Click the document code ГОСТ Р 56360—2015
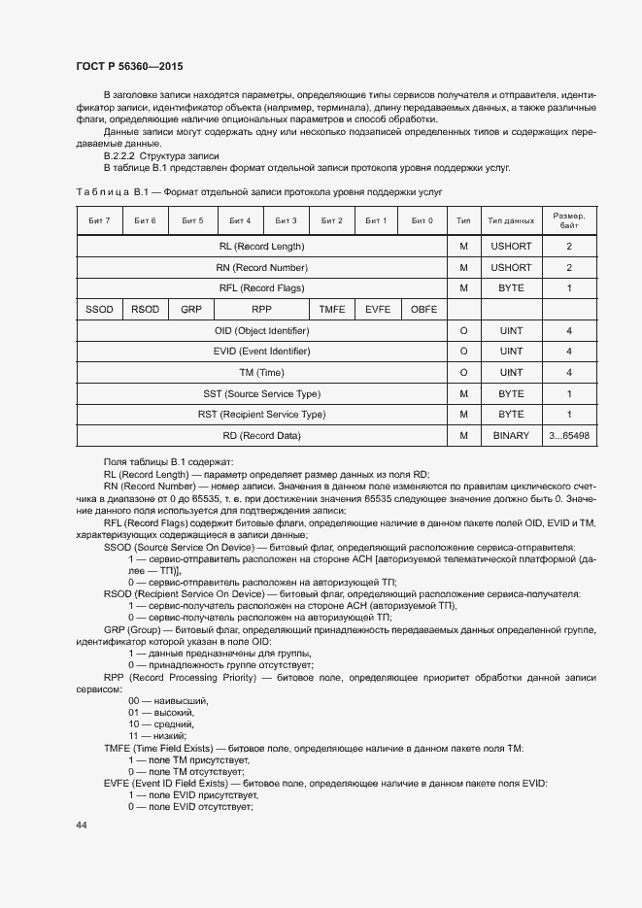pos(129,66)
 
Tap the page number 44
pos(82,824)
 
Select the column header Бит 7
pos(99,221)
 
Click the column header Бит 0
pos(422,221)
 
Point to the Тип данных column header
pos(511,221)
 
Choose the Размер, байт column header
pos(568,221)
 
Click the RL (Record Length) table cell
pos(261,246)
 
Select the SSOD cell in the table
pos(99,310)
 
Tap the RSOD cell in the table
pos(146,310)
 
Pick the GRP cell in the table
pos(191,310)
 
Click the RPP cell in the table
pos(261,310)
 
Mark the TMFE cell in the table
pos(332,310)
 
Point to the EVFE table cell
pos(377,310)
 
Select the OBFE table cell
pos(423,310)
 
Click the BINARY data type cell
pos(511,436)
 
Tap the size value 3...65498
pos(568,436)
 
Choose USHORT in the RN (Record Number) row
pos(511,267)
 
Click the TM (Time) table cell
pos(261,373)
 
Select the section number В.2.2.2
pos(119,155)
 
